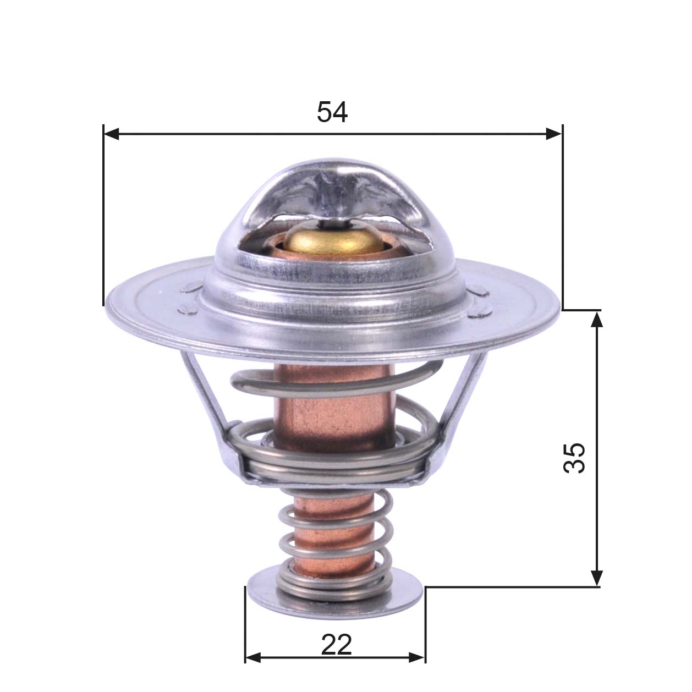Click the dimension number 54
[332, 113]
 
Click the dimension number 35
[574, 458]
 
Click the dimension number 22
[336, 645]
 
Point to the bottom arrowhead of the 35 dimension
[597, 578]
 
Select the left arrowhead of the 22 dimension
[252, 657]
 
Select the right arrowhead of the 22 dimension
[418, 657]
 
